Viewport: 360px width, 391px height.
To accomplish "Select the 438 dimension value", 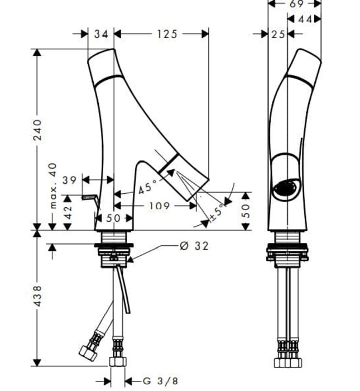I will click(37, 295).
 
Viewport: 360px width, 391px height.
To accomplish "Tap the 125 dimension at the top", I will click(166, 34).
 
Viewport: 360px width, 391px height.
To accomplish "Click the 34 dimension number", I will click(101, 34).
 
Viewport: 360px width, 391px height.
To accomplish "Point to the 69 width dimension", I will click(297, 4).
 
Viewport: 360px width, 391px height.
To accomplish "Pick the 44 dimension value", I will click(305, 19).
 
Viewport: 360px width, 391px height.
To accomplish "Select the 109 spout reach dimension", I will click(159, 206).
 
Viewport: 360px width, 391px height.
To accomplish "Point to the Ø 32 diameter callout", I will click(194, 246).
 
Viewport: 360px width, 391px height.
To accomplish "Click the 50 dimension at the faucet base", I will click(113, 218).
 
